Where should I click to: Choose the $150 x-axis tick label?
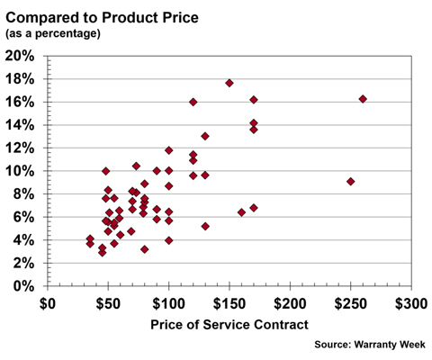click(229, 303)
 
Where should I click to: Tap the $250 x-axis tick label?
click(350, 303)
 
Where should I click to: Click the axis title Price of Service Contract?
click(229, 324)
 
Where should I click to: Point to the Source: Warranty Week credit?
click(372, 344)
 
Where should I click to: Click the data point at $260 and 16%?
click(363, 99)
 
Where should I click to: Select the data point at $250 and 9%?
click(350, 182)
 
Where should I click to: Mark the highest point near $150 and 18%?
click(229, 83)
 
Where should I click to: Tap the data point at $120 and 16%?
click(193, 102)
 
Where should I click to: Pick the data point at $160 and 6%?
click(241, 212)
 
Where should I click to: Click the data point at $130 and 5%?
click(205, 226)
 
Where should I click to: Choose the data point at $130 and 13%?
click(205, 136)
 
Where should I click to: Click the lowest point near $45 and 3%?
click(102, 252)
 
